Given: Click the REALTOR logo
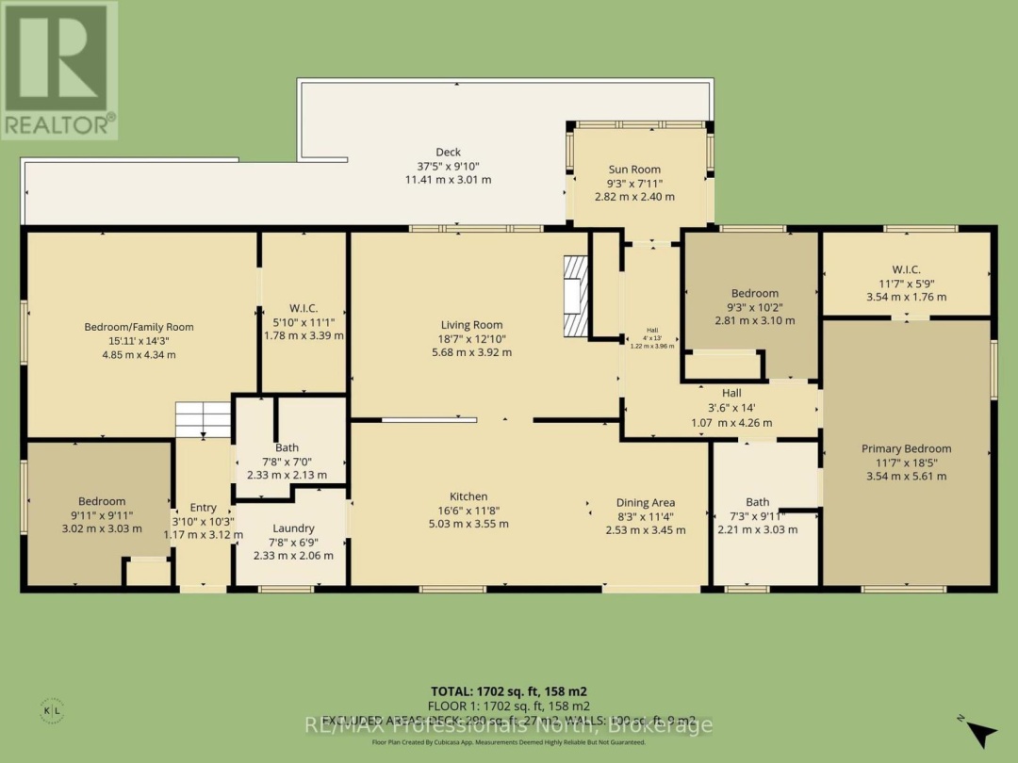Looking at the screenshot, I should click(59, 71).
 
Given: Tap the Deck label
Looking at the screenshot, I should click(448, 152).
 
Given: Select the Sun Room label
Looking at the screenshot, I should click(633, 170).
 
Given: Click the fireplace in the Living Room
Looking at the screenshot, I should click(574, 296).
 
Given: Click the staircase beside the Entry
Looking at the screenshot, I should click(203, 419).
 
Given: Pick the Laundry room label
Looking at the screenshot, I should click(292, 528).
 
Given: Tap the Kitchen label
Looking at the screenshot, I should click(468, 496).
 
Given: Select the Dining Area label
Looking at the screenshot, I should click(646, 502).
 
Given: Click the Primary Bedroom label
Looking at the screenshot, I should click(906, 448).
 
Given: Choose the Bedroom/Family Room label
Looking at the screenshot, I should click(139, 327).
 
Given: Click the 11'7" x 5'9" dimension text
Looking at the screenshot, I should click(906, 284).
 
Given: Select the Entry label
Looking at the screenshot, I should click(203, 508).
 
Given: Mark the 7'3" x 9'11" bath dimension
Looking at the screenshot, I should click(757, 515).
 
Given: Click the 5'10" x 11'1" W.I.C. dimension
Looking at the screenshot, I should click(304, 321).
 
